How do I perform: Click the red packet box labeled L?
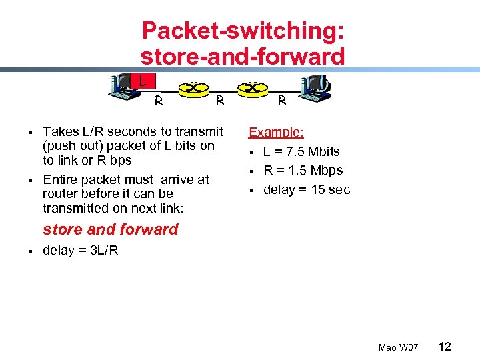pyautogui.click(x=142, y=81)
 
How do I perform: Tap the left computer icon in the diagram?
pyautogui.click(x=124, y=85)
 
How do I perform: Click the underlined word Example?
pyautogui.click(x=276, y=132)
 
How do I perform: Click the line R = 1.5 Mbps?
pyautogui.click(x=303, y=170)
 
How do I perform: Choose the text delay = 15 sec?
pyautogui.click(x=307, y=189)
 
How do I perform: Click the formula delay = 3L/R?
pyautogui.click(x=81, y=251)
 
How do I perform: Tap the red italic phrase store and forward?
pyautogui.click(x=111, y=229)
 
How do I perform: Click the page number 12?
pyautogui.click(x=445, y=346)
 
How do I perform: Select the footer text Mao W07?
pyautogui.click(x=398, y=347)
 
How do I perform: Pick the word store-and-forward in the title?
pyautogui.click(x=243, y=57)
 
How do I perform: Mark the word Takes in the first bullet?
pyautogui.click(x=60, y=131)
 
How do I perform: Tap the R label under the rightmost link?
pyautogui.click(x=282, y=102)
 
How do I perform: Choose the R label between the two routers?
pyautogui.click(x=219, y=99)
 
